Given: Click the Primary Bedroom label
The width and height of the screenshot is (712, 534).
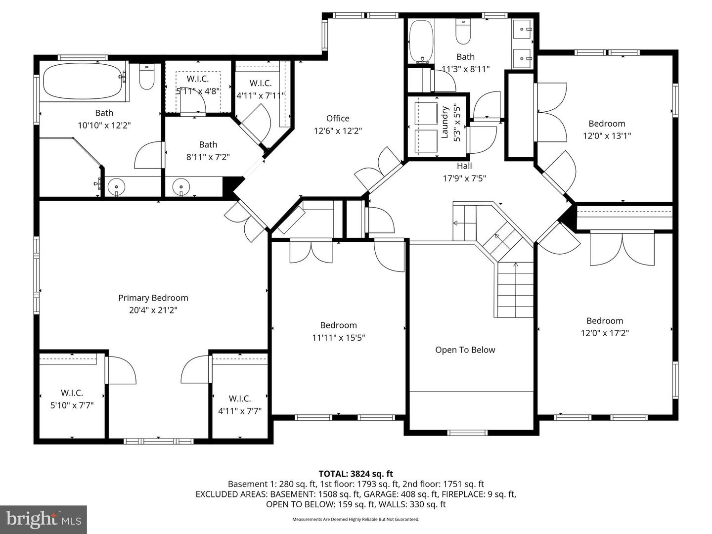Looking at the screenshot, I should click(x=153, y=298).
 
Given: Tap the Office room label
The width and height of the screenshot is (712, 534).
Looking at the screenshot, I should click(x=338, y=118).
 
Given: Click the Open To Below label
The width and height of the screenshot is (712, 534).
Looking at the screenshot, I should click(x=465, y=350).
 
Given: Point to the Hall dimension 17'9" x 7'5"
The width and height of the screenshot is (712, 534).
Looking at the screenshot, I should click(x=464, y=178).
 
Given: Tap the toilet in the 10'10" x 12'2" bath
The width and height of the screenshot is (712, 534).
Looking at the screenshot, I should click(x=147, y=77).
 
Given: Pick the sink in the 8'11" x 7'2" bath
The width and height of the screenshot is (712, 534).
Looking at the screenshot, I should click(x=181, y=187).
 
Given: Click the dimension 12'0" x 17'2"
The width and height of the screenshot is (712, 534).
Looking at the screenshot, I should click(x=604, y=333).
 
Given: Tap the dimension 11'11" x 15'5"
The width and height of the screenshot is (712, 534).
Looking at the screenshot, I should click(x=338, y=338).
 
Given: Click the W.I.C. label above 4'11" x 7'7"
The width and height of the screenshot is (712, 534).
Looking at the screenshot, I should click(x=240, y=399).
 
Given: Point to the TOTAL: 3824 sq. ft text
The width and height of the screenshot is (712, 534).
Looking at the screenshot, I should click(x=356, y=474).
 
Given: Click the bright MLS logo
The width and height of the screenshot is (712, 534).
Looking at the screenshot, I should click(x=44, y=519).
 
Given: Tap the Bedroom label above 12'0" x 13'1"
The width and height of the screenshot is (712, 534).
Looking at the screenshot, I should click(x=607, y=124).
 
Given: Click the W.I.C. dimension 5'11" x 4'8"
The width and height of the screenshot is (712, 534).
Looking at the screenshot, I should click(x=198, y=91).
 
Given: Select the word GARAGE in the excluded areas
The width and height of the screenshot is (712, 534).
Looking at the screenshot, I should click(x=380, y=494).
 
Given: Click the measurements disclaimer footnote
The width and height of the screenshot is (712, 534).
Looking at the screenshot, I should click(x=356, y=519).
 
